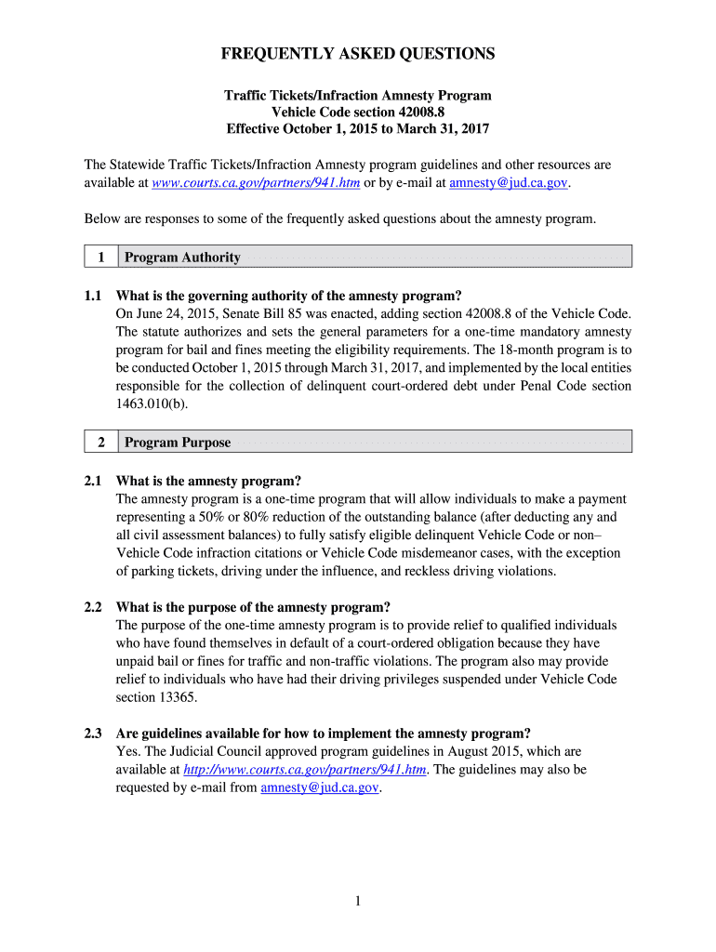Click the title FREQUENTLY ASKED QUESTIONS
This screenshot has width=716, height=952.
pos(358,55)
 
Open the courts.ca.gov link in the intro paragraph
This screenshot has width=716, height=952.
pos(256,183)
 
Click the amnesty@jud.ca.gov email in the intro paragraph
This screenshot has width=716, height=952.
pos(508,183)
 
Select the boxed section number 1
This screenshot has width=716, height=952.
pos(99,258)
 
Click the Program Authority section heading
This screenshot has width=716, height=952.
pos(182,258)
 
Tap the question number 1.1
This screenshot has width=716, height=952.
pos(92,297)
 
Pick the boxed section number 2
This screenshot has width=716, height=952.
pos(99,443)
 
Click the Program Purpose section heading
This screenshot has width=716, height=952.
pos(178,443)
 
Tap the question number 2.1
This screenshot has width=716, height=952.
pos(92,482)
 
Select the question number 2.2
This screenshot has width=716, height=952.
pos(92,607)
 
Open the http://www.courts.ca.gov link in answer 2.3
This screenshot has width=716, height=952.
pos(305,770)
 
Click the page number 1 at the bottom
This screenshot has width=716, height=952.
pos(358,901)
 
